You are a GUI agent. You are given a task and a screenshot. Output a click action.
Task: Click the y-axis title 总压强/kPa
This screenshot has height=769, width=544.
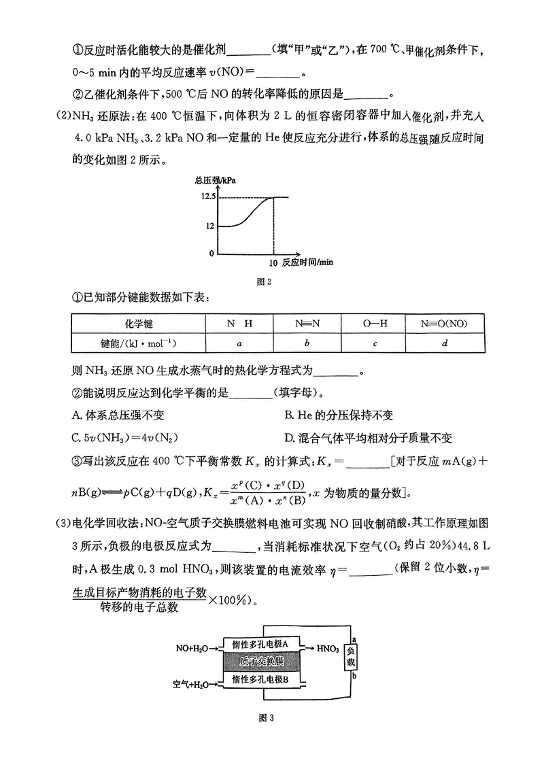(214, 181)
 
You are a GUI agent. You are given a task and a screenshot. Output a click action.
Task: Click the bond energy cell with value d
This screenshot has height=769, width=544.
(444, 343)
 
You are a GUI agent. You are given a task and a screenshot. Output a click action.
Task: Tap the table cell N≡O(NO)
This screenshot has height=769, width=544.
(444, 324)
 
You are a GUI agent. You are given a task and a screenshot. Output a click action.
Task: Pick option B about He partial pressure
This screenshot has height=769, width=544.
(339, 415)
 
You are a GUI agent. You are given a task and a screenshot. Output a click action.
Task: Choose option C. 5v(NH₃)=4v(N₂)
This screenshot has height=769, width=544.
(129, 437)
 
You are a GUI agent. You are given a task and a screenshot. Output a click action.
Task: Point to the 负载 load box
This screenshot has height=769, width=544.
(351, 655)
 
